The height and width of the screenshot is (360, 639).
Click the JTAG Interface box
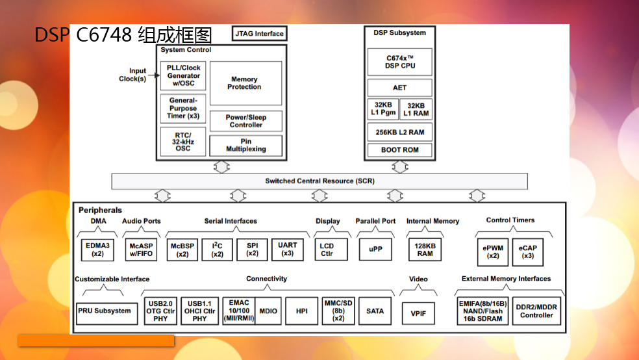(x=259, y=33)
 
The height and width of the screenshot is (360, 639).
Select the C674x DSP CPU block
(x=399, y=62)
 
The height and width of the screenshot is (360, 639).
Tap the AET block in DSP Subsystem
(x=399, y=88)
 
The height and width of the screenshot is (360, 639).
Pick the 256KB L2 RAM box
(x=399, y=132)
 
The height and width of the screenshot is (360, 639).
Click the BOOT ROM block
(x=399, y=150)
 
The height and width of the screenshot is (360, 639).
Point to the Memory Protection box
(x=245, y=83)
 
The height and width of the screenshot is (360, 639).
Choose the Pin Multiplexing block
(x=245, y=145)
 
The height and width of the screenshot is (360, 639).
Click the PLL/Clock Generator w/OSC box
(x=183, y=75)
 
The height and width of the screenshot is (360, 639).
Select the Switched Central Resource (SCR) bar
(x=319, y=181)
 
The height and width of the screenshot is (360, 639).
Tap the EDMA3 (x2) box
(x=98, y=250)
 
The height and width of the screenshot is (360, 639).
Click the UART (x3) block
(x=287, y=250)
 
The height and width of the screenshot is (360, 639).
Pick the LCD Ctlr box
(x=327, y=250)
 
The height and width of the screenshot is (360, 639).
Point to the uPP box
(x=375, y=249)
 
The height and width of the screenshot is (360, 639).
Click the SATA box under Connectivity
(x=375, y=311)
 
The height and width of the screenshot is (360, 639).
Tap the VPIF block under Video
(x=418, y=313)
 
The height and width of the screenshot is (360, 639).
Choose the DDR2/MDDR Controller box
(x=536, y=311)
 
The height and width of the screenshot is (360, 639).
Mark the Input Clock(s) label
(x=133, y=75)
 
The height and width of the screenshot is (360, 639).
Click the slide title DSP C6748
(x=123, y=35)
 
